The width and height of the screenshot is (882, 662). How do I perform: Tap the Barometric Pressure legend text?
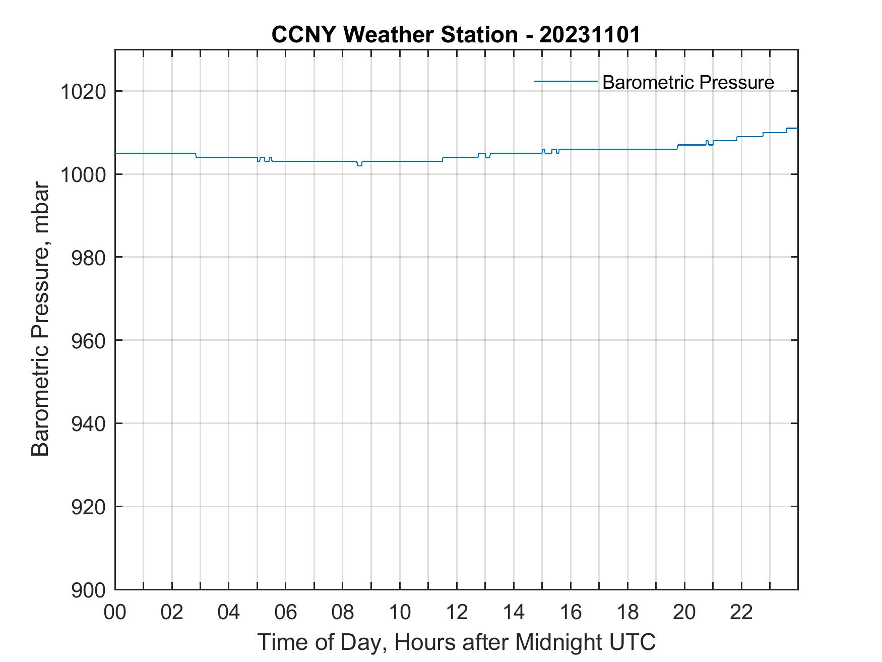(688, 82)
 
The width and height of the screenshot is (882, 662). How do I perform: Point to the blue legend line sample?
(565, 81)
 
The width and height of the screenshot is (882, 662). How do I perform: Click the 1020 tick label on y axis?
(83, 92)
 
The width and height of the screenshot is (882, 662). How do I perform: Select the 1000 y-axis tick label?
(83, 174)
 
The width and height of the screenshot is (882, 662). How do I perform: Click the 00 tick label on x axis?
(115, 613)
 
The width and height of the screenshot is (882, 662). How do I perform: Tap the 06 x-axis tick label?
(286, 613)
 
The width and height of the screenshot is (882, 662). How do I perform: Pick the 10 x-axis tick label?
(400, 613)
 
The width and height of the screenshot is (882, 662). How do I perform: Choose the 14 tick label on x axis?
(514, 613)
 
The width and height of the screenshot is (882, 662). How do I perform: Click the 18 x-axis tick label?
(627, 613)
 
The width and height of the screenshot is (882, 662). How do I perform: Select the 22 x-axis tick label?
(741, 613)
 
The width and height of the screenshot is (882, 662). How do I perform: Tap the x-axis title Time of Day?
(456, 642)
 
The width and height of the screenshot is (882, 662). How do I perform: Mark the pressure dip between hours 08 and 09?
(359, 165)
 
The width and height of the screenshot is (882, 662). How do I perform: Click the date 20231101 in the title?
(590, 35)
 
